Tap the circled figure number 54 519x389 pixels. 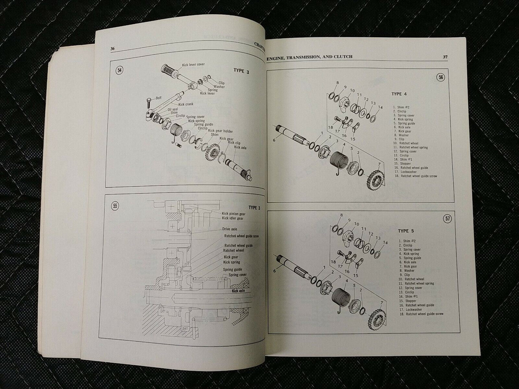pos(120,70)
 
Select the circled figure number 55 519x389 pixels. pos(116,206)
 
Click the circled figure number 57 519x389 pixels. pos(448,219)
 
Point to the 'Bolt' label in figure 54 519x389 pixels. pos(159,98)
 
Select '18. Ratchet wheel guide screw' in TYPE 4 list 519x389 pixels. pos(414,176)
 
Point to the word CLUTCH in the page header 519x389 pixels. pos(341,57)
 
